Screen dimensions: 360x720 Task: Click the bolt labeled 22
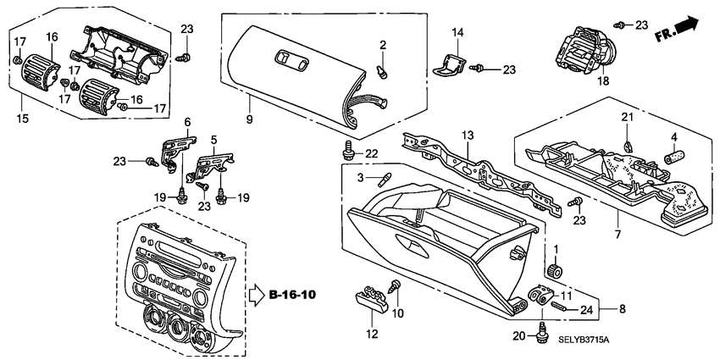pyautogui.click(x=346, y=151)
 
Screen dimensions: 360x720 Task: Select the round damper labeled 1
pyautogui.click(x=557, y=271)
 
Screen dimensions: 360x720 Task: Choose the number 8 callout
pyautogui.click(x=623, y=309)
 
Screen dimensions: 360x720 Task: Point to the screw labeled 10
pyautogui.click(x=394, y=288)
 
